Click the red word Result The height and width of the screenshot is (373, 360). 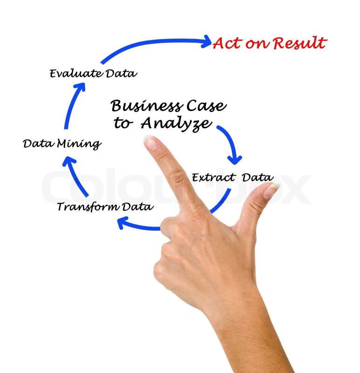[300, 43]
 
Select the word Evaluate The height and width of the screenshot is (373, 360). [76, 73]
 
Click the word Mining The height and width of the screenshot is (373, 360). [79, 144]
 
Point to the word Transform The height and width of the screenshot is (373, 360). [88, 207]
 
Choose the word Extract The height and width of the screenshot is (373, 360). [214, 178]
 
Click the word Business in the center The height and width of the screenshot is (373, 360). [147, 106]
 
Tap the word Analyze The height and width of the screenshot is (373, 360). [176, 124]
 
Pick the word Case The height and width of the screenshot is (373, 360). [206, 106]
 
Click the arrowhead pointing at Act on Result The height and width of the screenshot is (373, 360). [206, 42]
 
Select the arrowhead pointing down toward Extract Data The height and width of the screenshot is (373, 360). [235, 160]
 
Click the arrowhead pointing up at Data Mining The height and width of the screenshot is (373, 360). [69, 160]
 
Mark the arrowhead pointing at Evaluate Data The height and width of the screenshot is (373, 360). [80, 87]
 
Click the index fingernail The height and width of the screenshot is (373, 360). [151, 142]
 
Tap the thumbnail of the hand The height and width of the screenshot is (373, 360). [271, 190]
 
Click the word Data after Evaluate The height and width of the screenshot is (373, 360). [121, 73]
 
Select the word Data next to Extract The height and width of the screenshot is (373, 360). [258, 178]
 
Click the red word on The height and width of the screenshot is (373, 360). [256, 44]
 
